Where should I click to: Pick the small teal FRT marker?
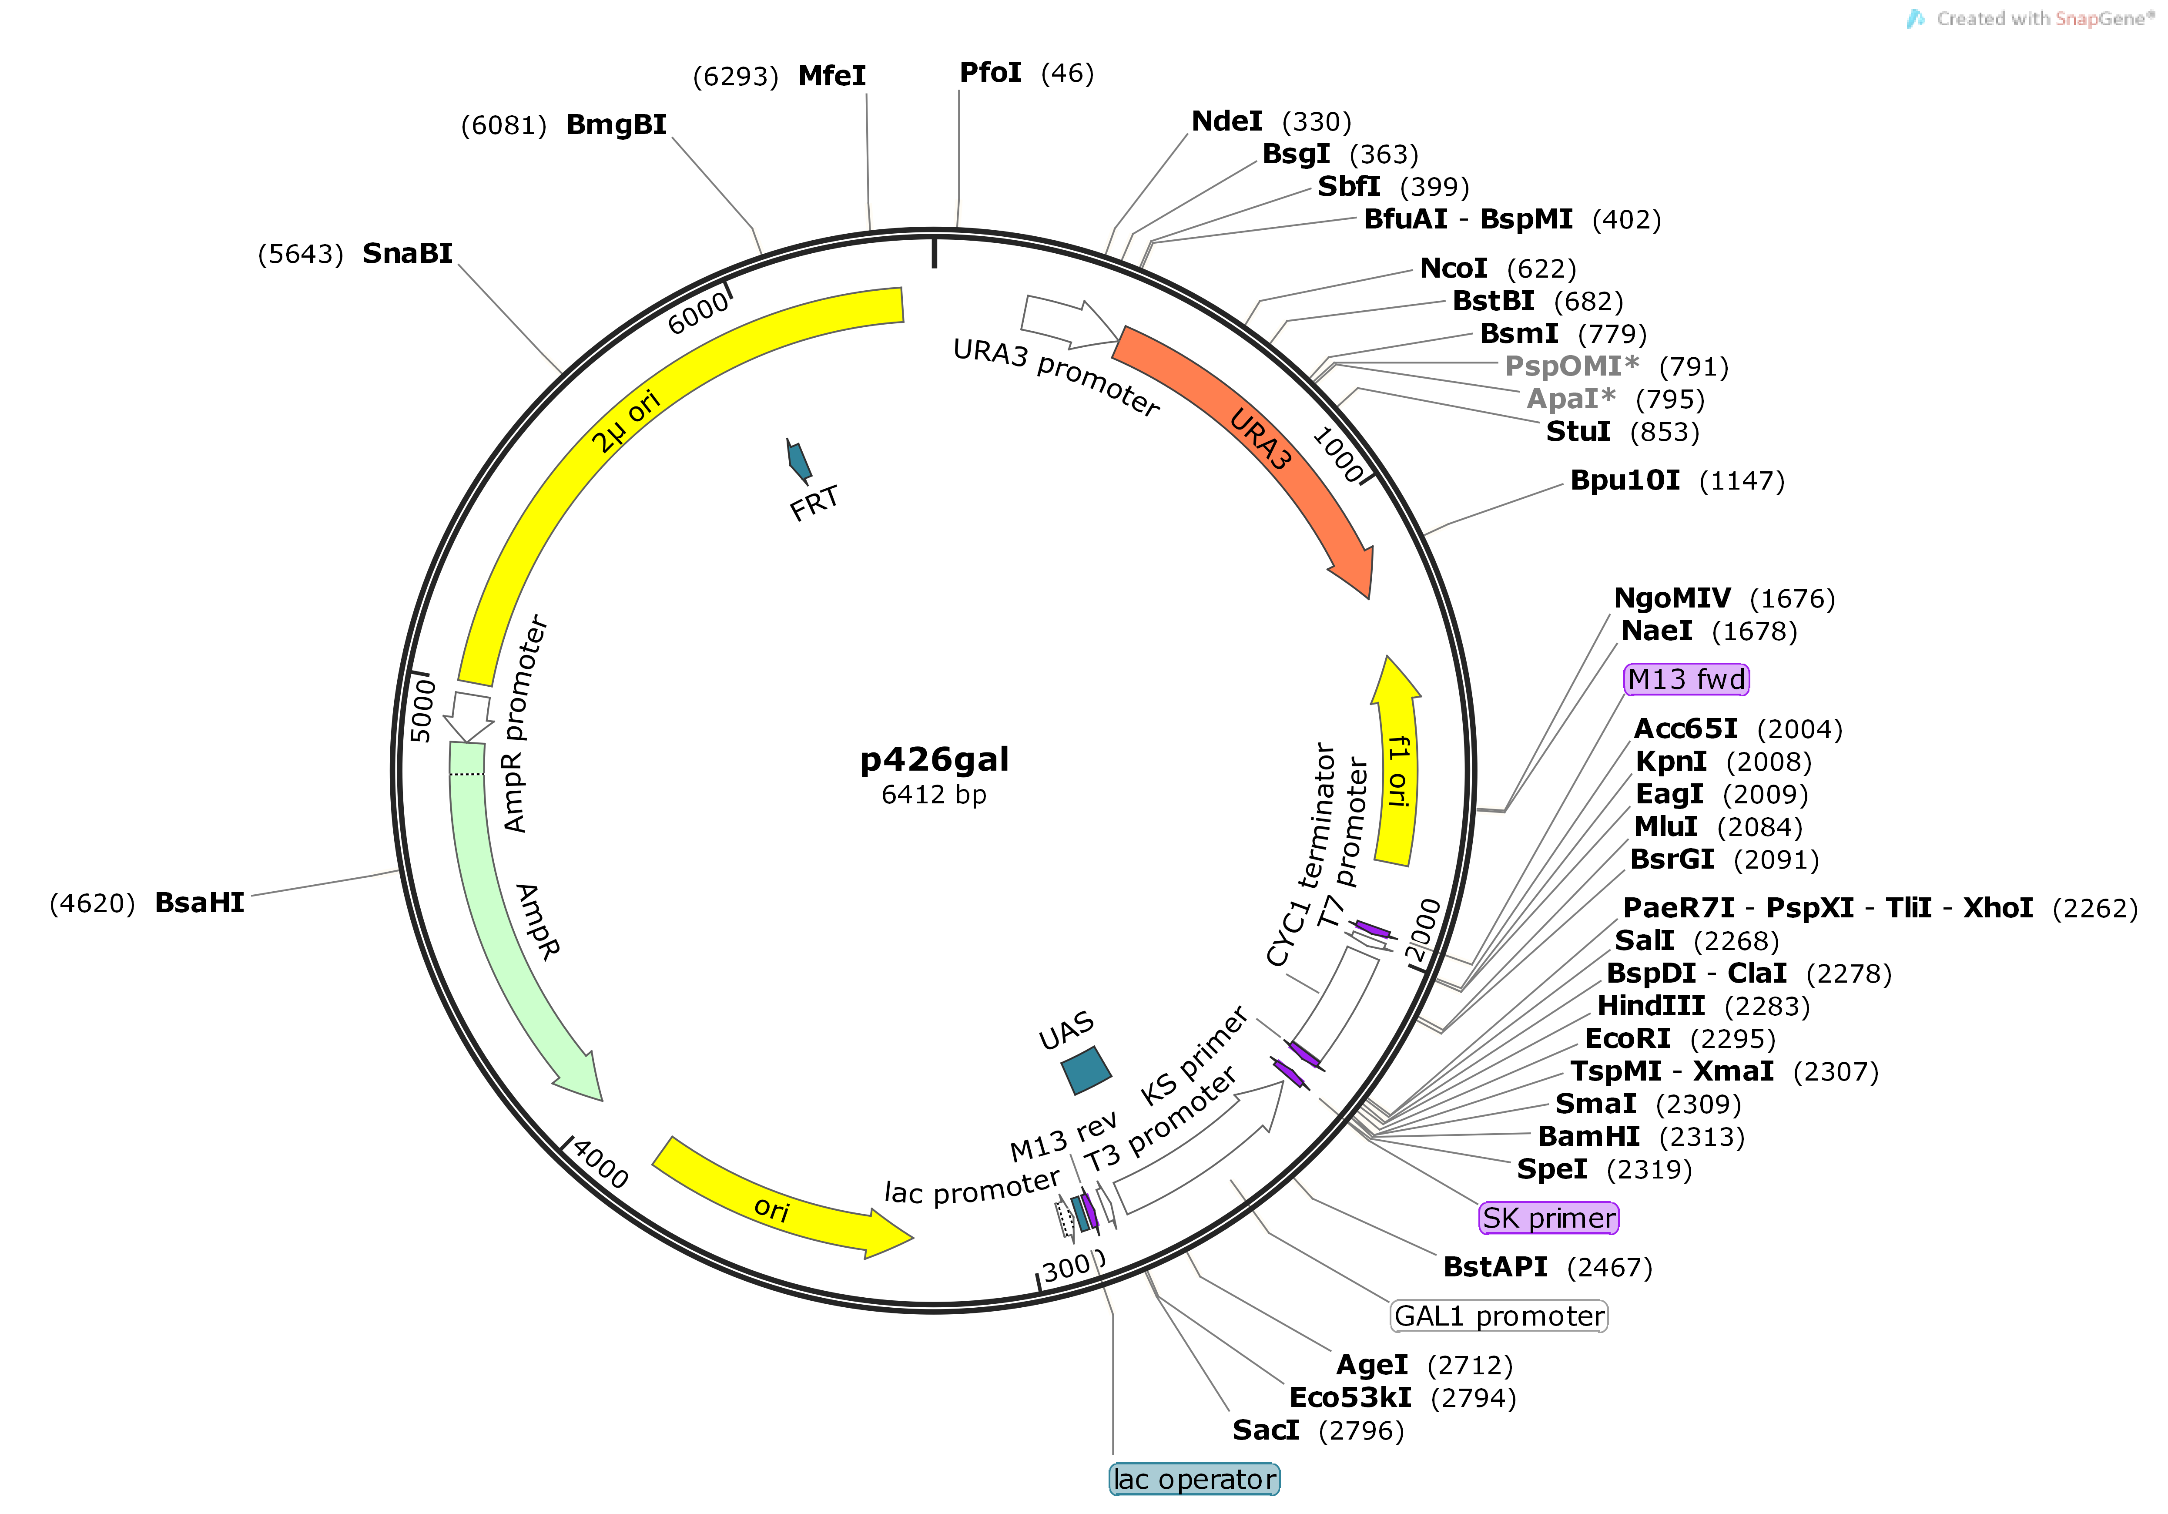(x=799, y=460)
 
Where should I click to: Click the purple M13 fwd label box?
(x=1685, y=679)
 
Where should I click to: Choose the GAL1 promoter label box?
(x=1498, y=1316)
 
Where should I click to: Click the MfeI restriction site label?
(x=831, y=76)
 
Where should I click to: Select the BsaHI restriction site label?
(x=199, y=903)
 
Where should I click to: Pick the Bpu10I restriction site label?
(x=1624, y=481)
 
